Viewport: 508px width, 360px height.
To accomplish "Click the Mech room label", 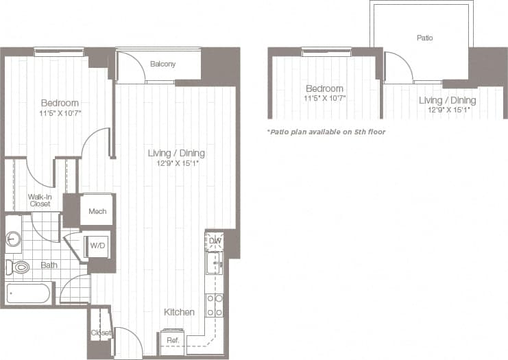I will tap(97, 211).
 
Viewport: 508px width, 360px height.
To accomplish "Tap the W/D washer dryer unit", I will tap(97, 245).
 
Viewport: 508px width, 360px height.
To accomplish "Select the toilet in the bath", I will tap(19, 267).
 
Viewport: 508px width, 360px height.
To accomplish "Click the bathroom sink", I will tap(13, 239).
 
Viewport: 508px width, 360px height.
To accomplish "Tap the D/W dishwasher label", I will tap(214, 241).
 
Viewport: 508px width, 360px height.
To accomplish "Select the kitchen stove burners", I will tap(214, 304).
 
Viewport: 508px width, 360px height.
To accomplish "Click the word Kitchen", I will tap(179, 312).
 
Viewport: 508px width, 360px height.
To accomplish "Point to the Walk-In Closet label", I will tap(39, 200).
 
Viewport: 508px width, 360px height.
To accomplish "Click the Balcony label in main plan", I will tap(162, 64).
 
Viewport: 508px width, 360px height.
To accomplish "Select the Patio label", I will tap(425, 38).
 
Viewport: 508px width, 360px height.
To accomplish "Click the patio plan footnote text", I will tap(326, 131).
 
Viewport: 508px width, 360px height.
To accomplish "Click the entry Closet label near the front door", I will tap(100, 333).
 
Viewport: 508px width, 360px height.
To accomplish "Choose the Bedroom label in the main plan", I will tap(60, 103).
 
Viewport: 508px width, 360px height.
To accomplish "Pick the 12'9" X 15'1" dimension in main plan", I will tap(176, 164).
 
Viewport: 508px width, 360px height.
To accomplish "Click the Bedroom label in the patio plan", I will tap(324, 88).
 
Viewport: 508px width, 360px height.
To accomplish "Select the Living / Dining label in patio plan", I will tap(447, 100).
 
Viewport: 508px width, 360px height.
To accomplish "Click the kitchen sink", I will tap(215, 263).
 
